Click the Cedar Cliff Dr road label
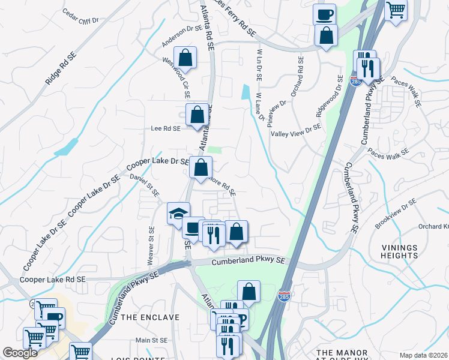coord(80,16)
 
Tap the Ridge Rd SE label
coord(62,70)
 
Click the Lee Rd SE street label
coord(165,128)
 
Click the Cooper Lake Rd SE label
coord(53,280)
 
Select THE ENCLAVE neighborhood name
coord(150,316)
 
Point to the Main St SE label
coord(150,340)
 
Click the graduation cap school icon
coord(178,212)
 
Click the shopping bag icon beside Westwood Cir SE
coord(186,58)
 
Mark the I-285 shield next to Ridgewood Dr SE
coord(355,80)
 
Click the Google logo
coord(20,353)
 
